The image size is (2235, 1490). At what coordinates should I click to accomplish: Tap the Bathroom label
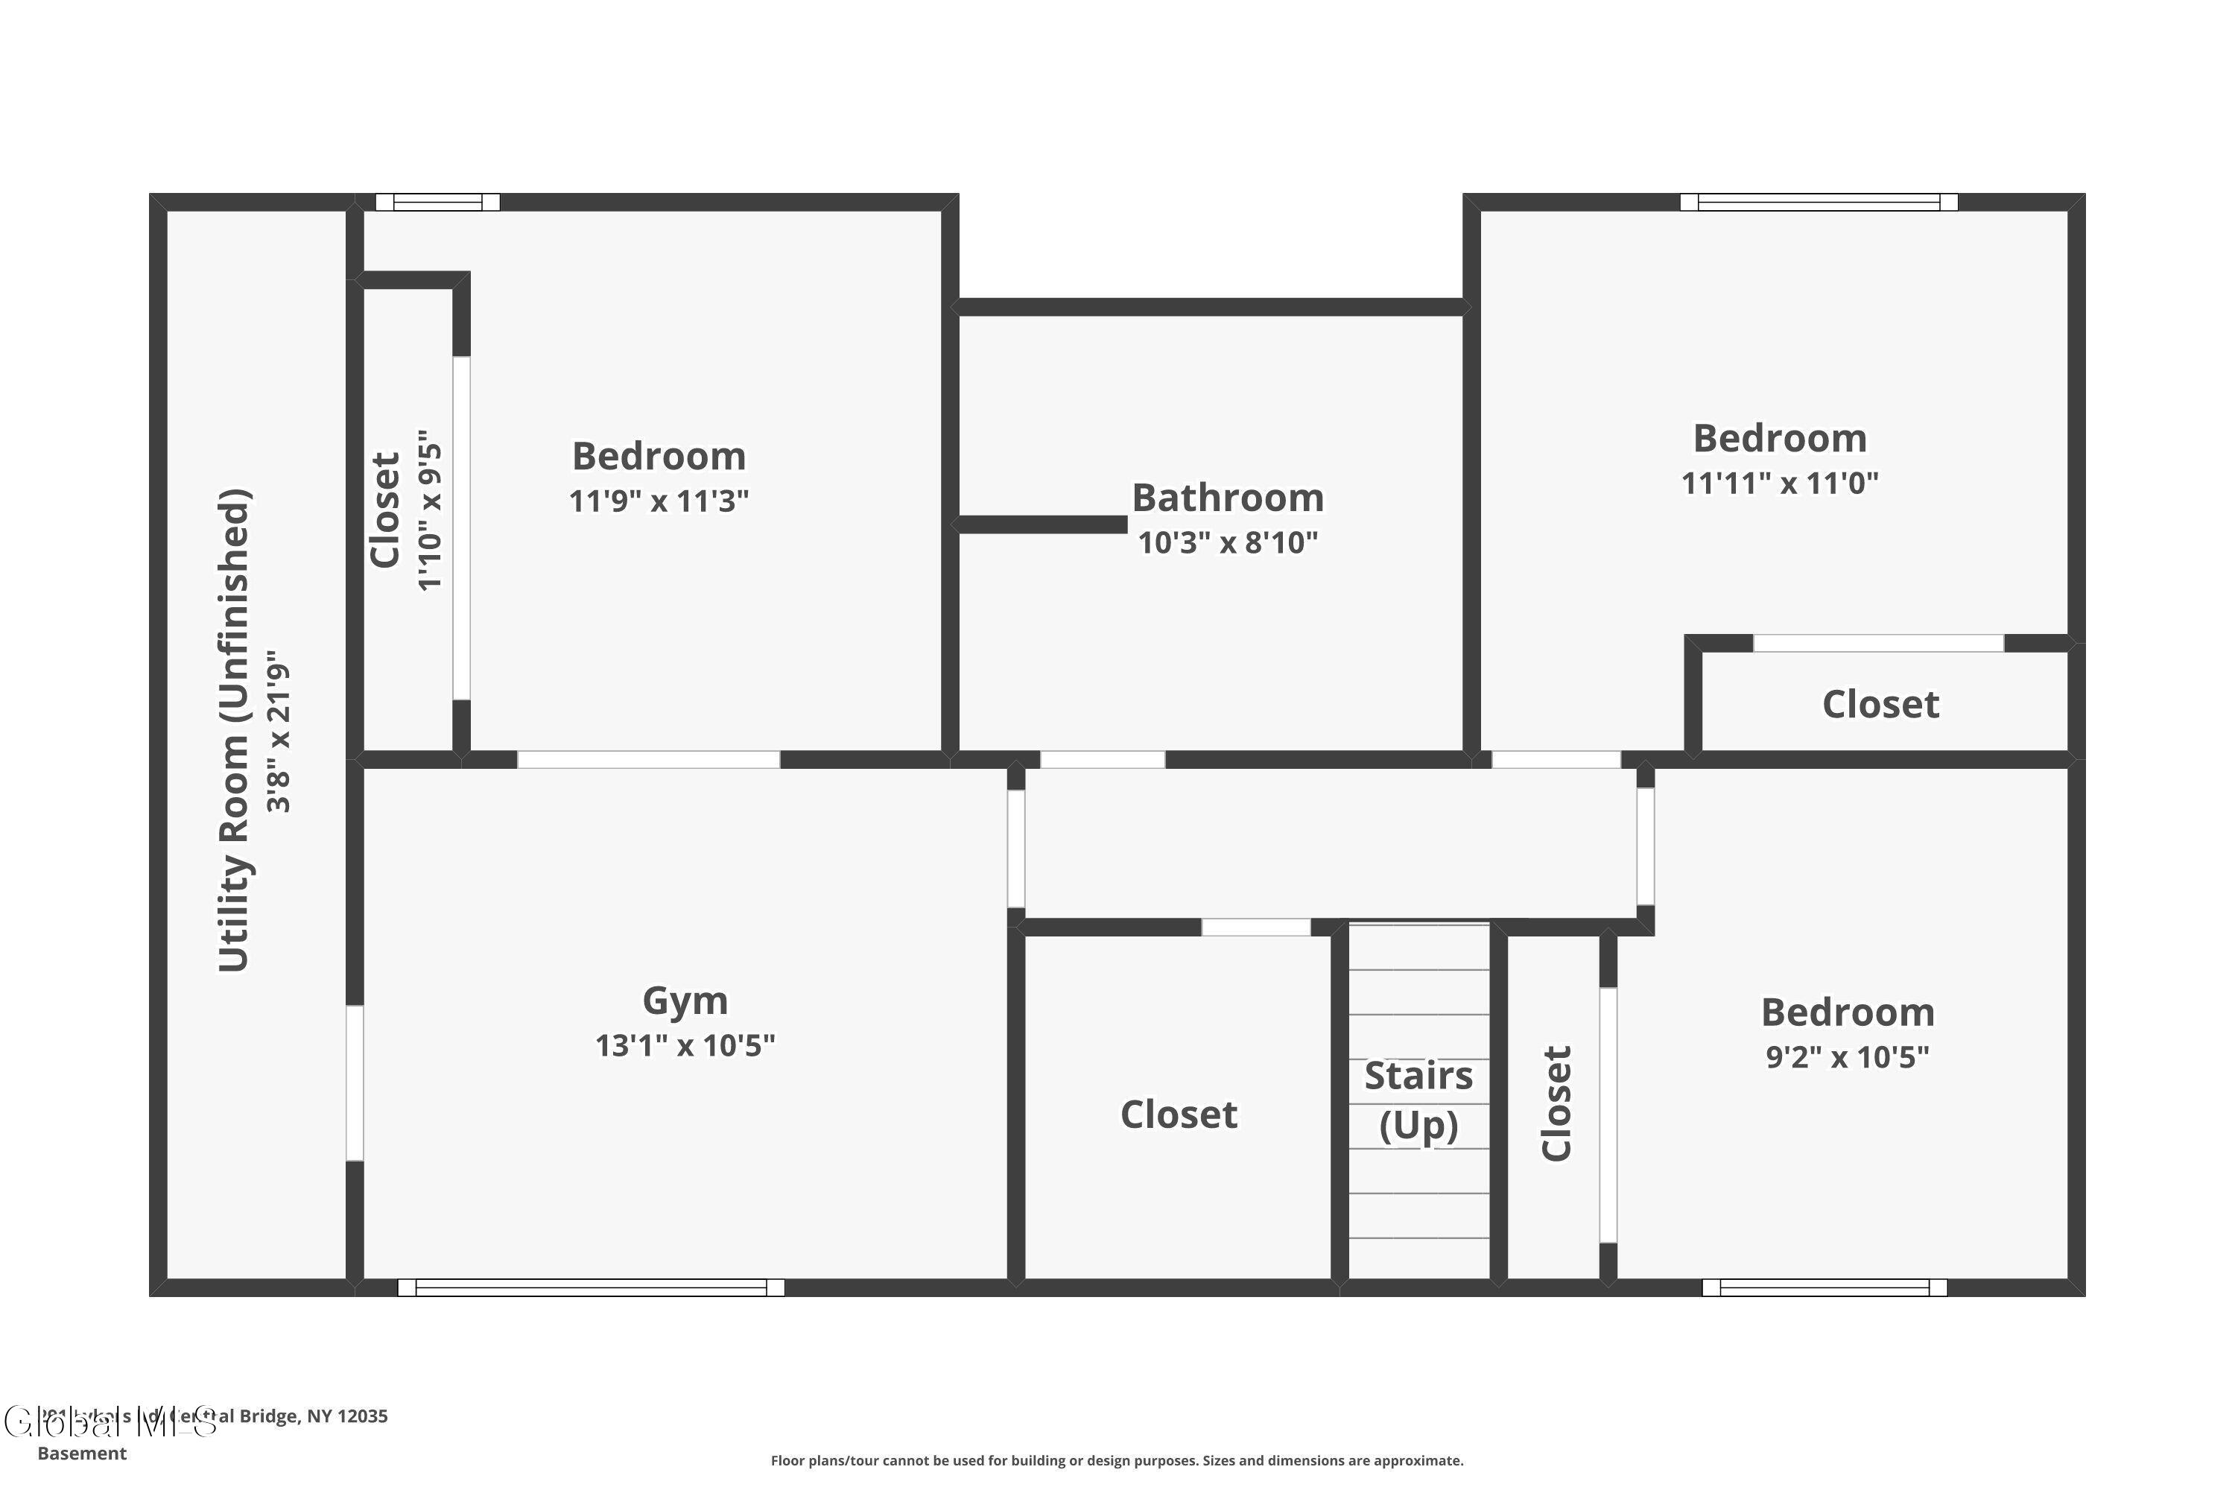pos(1227,498)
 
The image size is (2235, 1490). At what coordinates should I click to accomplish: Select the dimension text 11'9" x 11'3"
pos(659,501)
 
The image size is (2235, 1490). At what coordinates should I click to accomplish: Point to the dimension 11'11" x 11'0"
pos(1779,484)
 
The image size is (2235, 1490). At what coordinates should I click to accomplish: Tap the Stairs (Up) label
pos(1418,1100)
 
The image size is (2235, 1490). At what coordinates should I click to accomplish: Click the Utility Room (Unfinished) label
pos(235,731)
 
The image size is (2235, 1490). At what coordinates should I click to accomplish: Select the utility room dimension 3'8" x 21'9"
pos(279,731)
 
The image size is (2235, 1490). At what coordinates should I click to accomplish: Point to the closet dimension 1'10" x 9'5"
pos(431,510)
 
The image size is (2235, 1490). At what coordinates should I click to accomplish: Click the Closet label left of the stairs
pos(1179,1115)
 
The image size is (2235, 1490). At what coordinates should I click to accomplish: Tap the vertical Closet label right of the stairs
pos(1556,1103)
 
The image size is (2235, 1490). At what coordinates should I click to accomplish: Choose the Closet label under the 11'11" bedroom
pos(1880,704)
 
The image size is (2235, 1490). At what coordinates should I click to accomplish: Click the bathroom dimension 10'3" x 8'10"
pos(1227,542)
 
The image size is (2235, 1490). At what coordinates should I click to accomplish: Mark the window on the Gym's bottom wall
pos(590,1287)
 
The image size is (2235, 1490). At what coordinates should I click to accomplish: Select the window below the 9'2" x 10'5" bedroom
pos(1824,1287)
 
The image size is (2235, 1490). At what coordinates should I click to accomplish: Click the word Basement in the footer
pos(82,1453)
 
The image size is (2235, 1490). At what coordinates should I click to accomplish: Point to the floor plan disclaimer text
pos(1117,1460)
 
